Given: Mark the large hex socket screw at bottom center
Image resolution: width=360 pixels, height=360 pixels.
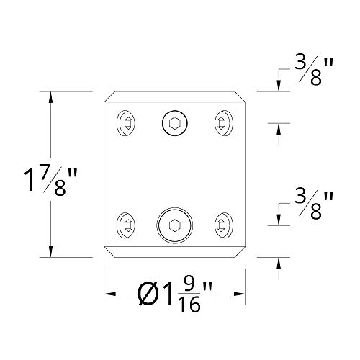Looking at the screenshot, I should click(x=174, y=225).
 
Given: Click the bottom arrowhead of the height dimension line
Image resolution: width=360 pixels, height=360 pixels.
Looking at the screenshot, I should click(x=50, y=251).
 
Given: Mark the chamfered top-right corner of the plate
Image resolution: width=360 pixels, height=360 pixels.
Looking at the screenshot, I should click(x=239, y=96).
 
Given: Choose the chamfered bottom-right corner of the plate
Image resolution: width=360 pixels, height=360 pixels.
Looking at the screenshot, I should click(x=239, y=253).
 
